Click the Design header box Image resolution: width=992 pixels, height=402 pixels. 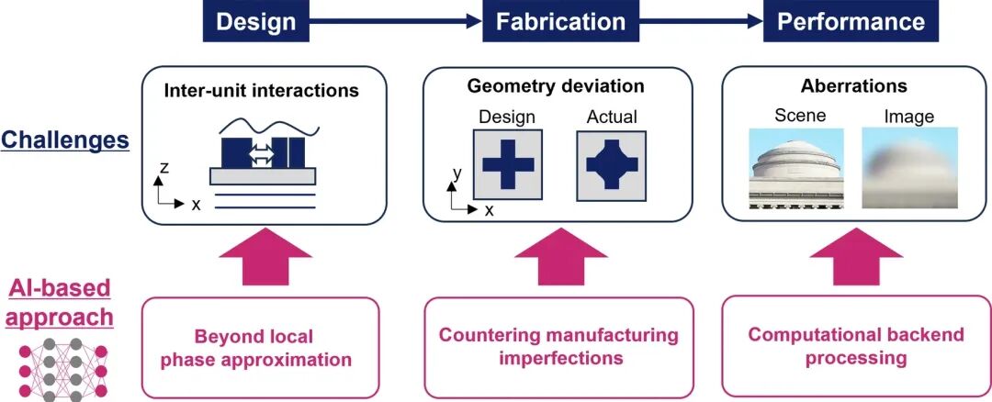pyautogui.click(x=256, y=21)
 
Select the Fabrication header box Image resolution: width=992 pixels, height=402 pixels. pyautogui.click(x=560, y=21)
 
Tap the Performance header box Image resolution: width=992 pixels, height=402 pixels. pyautogui.click(x=851, y=21)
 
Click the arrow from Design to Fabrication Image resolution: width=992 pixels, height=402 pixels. pyautogui.click(x=396, y=21)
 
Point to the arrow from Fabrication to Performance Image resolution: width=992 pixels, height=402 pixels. pyautogui.click(x=701, y=21)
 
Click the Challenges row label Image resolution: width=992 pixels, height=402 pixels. pyautogui.click(x=65, y=140)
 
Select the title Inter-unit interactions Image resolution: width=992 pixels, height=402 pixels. pyautogui.click(x=261, y=90)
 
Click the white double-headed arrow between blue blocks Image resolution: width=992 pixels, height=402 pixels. pyautogui.click(x=262, y=153)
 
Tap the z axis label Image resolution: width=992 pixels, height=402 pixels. pyautogui.click(x=163, y=166)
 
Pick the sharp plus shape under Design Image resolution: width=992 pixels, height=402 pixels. pyautogui.click(x=508, y=164)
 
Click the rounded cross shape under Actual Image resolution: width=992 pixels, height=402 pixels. pyautogui.click(x=611, y=164)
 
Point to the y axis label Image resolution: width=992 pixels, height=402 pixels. pyautogui.click(x=457, y=173)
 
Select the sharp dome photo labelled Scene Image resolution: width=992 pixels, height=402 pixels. pyautogui.click(x=795, y=168)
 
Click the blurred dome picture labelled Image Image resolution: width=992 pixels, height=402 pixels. pyautogui.click(x=909, y=168)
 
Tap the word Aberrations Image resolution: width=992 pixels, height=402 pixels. pyautogui.click(x=853, y=85)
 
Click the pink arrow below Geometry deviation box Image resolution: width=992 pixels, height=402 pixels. pyautogui.click(x=560, y=256)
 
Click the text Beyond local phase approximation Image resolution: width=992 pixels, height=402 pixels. pyautogui.click(x=255, y=348)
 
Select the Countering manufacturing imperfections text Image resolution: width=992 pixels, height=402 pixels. pyautogui.click(x=558, y=346)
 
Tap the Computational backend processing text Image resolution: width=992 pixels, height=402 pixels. pyautogui.click(x=856, y=346)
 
